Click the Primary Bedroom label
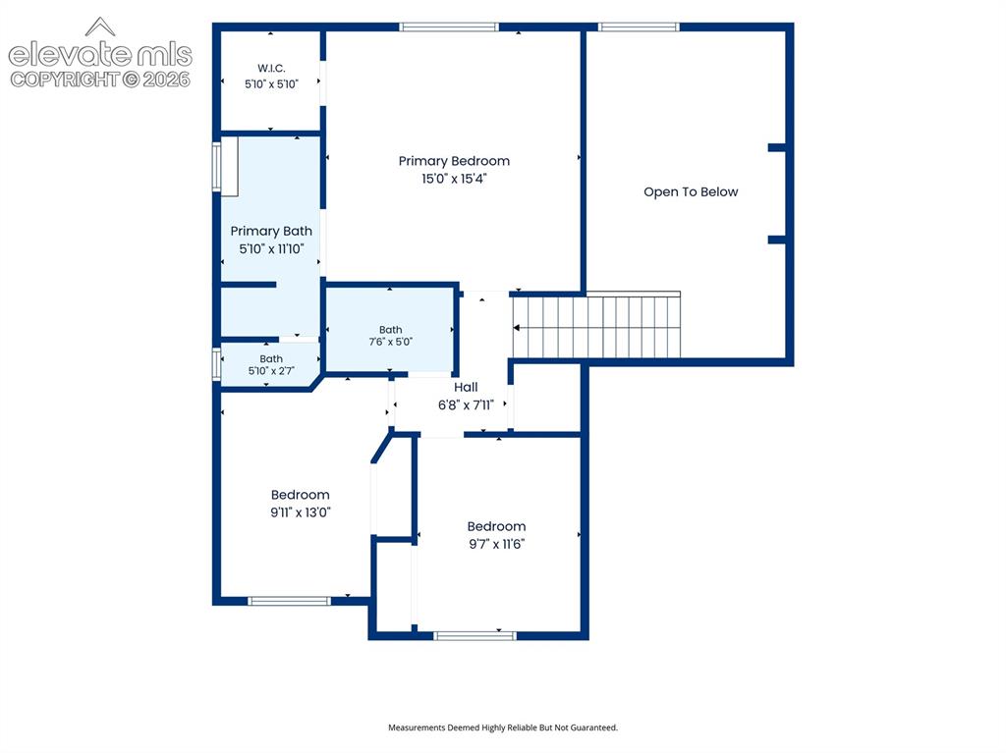454,161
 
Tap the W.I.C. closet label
271,68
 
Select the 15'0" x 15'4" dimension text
454,179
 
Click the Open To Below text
691,191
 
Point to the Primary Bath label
271,231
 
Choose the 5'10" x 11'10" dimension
271,248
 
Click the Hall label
466,387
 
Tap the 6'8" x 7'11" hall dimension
466,404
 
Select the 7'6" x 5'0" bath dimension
390,342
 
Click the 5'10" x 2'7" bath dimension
271,371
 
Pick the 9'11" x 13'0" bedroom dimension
301,511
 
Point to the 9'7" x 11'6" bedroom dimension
496,544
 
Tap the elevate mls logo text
100,55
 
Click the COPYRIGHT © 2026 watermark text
100,80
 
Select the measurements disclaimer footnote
503,727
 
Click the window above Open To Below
639,27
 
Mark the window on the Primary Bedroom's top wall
448,27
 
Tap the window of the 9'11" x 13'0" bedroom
290,601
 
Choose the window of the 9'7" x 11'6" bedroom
475,635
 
